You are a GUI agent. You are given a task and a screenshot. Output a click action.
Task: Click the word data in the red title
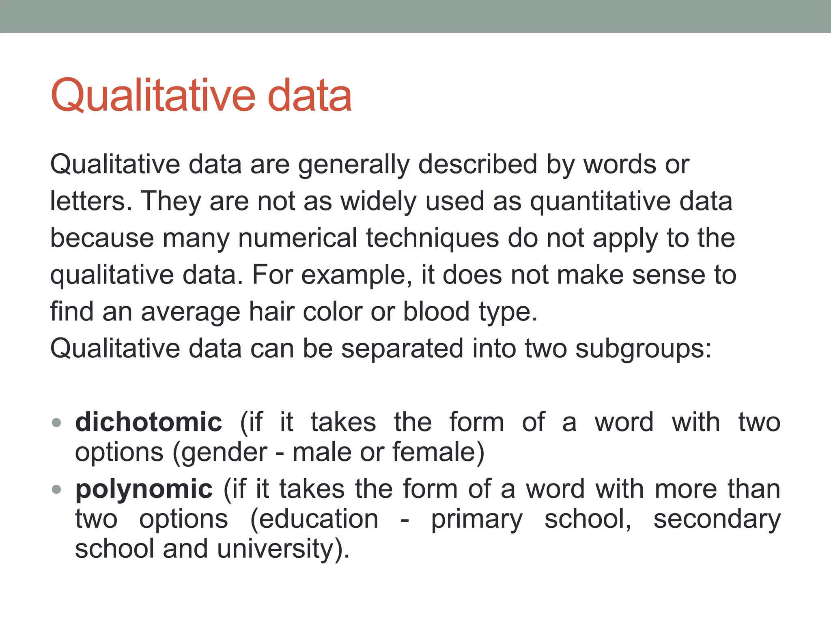tap(309, 96)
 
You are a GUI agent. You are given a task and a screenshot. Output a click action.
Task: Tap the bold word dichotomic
tap(149, 422)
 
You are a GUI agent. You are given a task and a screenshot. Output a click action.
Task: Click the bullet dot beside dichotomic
tap(57, 423)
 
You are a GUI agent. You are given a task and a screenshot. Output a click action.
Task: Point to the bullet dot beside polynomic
tap(57, 489)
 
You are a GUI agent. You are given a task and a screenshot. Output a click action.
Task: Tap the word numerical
tap(297, 238)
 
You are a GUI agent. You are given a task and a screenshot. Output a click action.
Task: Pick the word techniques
tap(433, 238)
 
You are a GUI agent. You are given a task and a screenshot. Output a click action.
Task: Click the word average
tap(191, 311)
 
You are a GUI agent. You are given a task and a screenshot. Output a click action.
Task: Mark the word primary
tap(477, 520)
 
